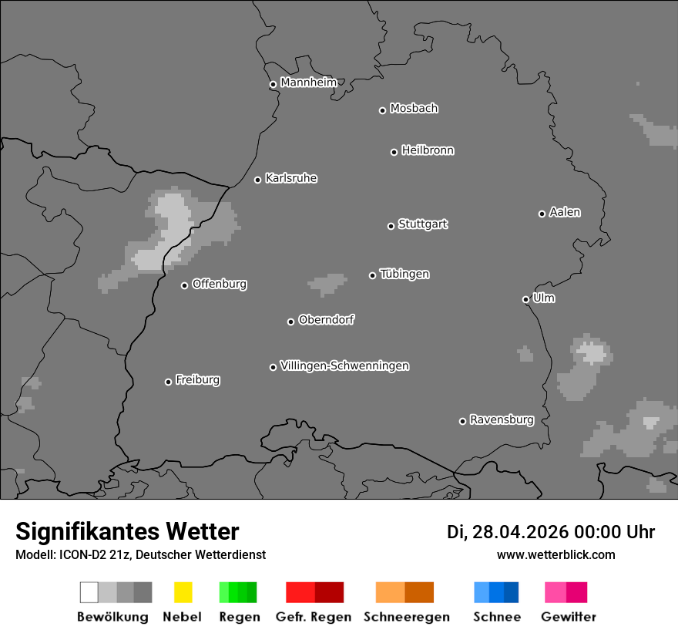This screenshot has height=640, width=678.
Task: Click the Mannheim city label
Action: point(308,83)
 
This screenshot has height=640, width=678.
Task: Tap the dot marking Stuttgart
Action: point(391,226)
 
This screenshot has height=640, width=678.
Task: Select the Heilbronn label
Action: point(428,150)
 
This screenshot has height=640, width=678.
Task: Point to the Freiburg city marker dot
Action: point(168,382)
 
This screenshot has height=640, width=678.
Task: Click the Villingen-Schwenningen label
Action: point(344,365)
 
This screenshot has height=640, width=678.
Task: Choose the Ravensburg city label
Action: point(502,419)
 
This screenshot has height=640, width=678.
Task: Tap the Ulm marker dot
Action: point(525,299)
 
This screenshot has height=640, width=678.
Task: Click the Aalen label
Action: point(565,212)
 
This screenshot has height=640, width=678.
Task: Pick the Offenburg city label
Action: point(219,284)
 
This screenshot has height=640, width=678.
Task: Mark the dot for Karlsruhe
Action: point(258,180)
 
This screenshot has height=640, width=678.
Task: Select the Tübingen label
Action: point(404,274)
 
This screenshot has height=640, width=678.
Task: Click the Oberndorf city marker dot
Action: point(290,322)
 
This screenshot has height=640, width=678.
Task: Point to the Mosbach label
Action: point(414,109)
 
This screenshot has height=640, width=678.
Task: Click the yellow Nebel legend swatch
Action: point(183,592)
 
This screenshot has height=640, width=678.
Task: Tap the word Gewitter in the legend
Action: point(569,617)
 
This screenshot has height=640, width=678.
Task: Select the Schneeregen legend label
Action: point(405,617)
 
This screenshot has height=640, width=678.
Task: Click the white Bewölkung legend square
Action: point(89,592)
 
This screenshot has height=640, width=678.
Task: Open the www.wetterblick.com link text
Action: point(556,554)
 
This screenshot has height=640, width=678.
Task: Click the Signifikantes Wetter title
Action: point(127,531)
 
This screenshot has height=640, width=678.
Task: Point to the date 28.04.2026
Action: point(520,532)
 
